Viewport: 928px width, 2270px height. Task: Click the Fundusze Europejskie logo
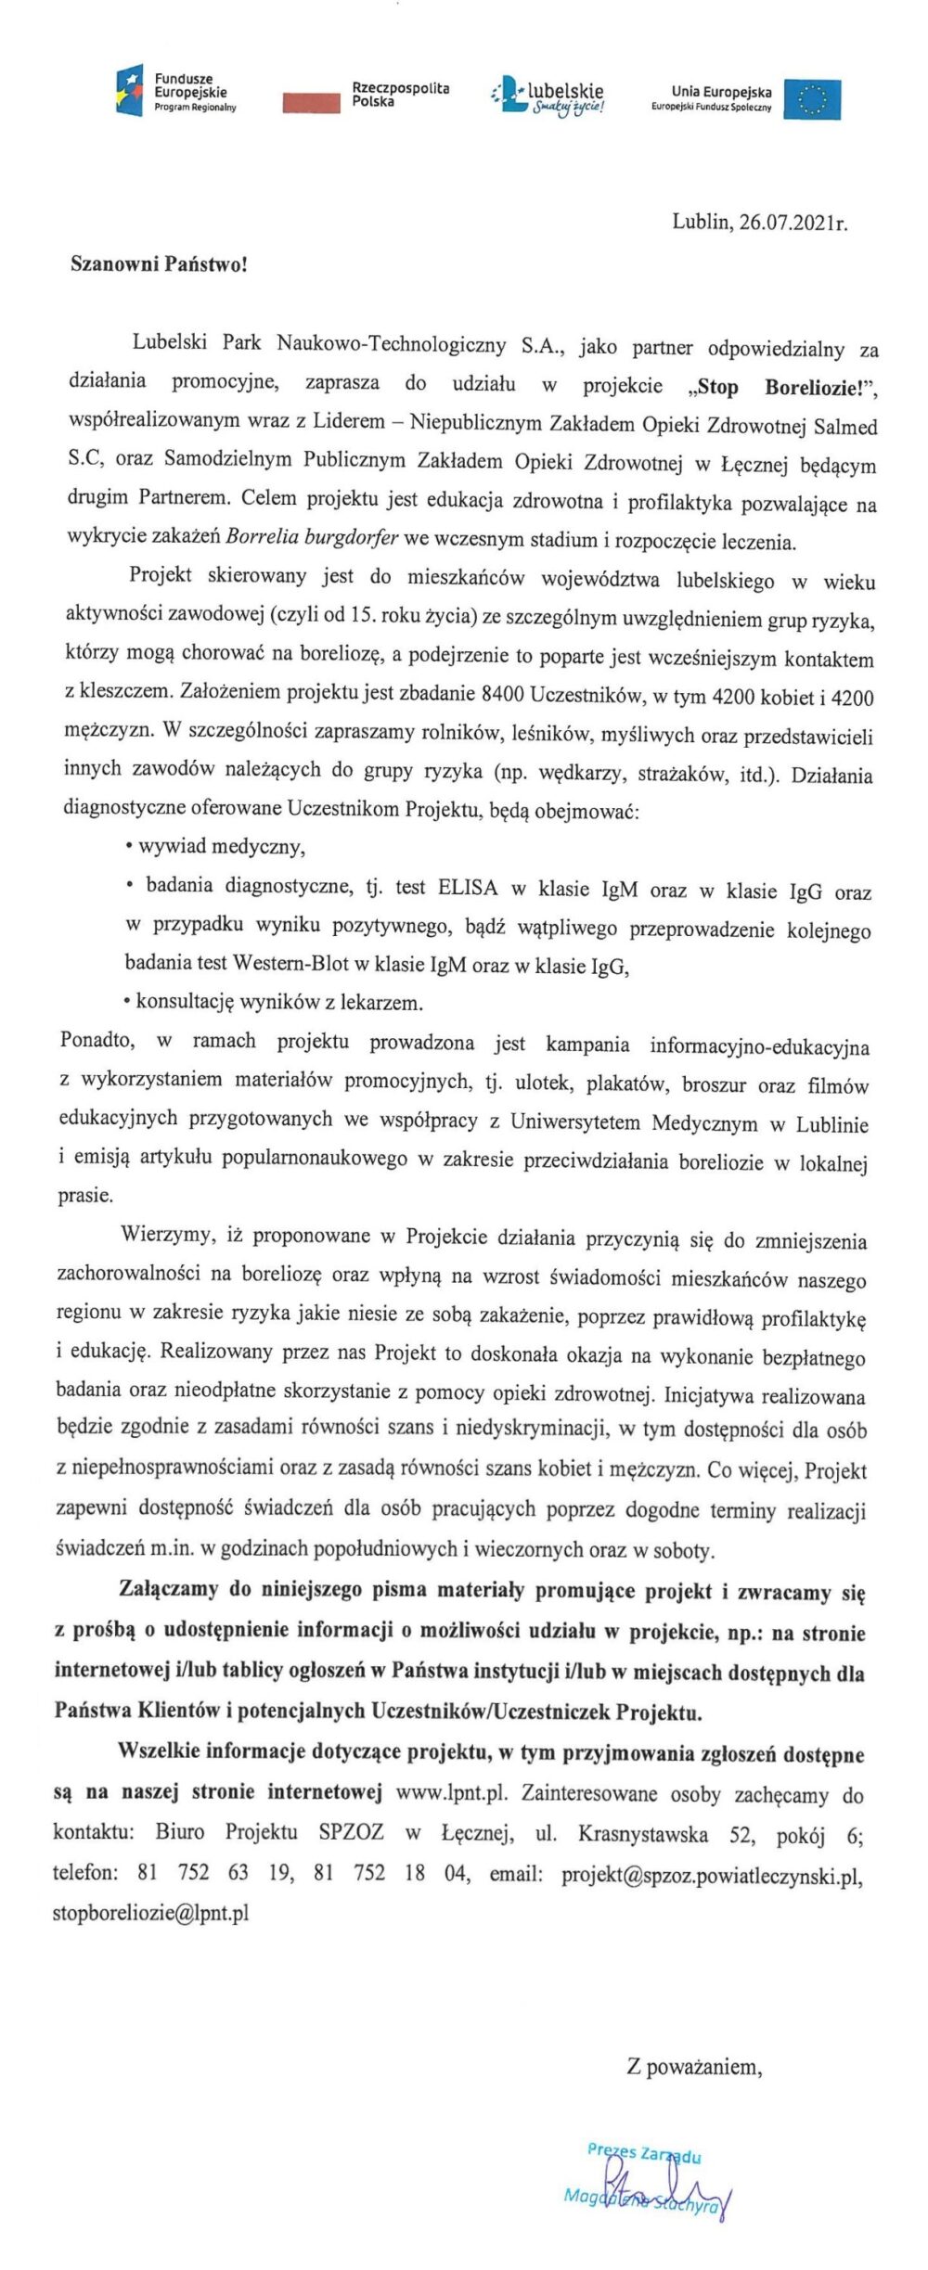[x=176, y=94]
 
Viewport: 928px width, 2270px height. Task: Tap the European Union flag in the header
[x=812, y=99]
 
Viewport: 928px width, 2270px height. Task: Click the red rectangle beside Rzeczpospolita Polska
[x=311, y=103]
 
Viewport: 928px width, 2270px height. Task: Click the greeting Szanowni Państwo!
[x=160, y=264]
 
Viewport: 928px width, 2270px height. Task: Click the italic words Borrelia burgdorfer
[x=312, y=538]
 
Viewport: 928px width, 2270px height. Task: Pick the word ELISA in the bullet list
[x=467, y=888]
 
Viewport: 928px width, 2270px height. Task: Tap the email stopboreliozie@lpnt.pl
[x=150, y=1913]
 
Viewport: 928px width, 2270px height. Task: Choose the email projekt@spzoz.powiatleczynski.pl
[x=712, y=1874]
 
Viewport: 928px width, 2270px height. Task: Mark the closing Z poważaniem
[x=694, y=2066]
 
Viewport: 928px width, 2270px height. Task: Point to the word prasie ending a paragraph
[x=85, y=1195]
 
